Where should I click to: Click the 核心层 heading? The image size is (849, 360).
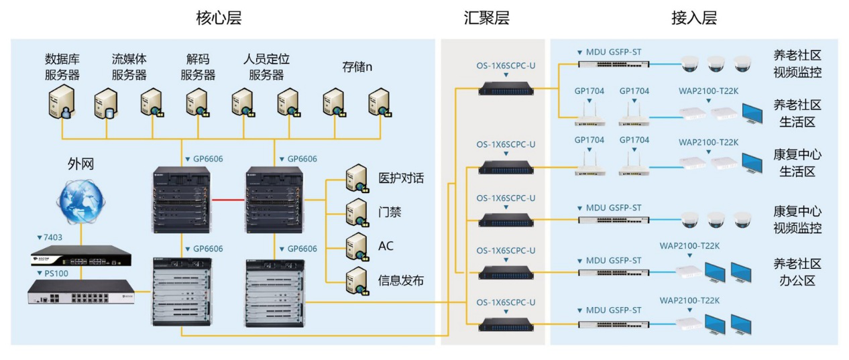219,18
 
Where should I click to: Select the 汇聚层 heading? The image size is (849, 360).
487,18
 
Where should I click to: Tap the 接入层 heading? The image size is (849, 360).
694,18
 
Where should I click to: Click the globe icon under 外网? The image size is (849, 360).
80,201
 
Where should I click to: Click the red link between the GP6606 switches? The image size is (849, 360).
228,200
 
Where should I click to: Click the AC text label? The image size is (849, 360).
386,246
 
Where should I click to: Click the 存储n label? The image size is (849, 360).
357,67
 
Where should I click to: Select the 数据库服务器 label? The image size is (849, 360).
62,66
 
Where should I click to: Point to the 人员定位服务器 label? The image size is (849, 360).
266,66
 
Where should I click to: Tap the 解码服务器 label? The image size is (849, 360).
198,66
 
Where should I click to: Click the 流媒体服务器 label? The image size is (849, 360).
129,66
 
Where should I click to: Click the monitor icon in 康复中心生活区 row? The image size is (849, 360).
752,164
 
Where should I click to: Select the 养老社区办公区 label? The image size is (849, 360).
797,272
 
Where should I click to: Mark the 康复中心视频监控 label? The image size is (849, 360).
797,220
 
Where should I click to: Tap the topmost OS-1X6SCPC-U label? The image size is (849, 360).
506,66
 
